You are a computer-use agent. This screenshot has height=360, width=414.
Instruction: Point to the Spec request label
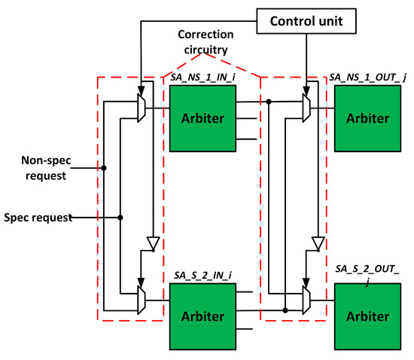coord(37,217)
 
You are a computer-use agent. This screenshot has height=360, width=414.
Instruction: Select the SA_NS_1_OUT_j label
coord(367,78)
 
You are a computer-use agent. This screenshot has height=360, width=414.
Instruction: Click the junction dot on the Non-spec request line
coord(104,168)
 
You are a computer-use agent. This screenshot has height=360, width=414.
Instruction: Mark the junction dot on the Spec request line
coord(120,218)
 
